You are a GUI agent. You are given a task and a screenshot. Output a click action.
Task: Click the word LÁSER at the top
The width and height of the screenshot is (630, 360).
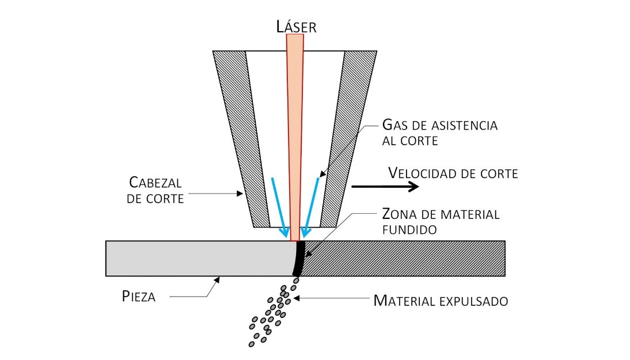[295, 26]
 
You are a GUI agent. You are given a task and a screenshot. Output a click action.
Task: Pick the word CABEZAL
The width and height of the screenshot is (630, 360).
[155, 183]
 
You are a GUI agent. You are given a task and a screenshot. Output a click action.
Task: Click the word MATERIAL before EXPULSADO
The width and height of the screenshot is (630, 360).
[407, 300]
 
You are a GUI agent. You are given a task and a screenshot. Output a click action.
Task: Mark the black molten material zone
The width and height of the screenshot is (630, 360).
[297, 259]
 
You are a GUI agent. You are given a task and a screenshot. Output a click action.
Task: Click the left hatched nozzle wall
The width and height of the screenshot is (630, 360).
[242, 138]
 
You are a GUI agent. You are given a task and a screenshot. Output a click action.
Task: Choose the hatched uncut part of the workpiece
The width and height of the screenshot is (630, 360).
[403, 258]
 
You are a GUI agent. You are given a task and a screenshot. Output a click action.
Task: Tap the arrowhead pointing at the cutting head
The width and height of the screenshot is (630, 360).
[241, 195]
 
